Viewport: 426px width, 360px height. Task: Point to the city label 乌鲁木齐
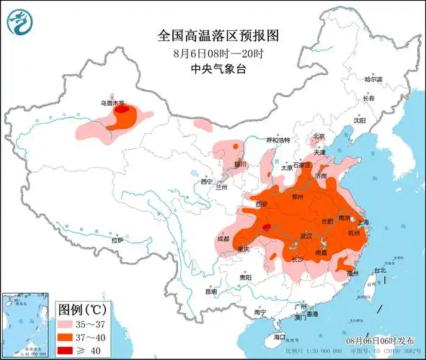coord(113,103)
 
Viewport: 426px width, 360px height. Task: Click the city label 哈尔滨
coord(373,79)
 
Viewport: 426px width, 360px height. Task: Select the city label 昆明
coord(210,292)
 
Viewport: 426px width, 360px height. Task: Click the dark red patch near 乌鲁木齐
coord(124,111)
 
